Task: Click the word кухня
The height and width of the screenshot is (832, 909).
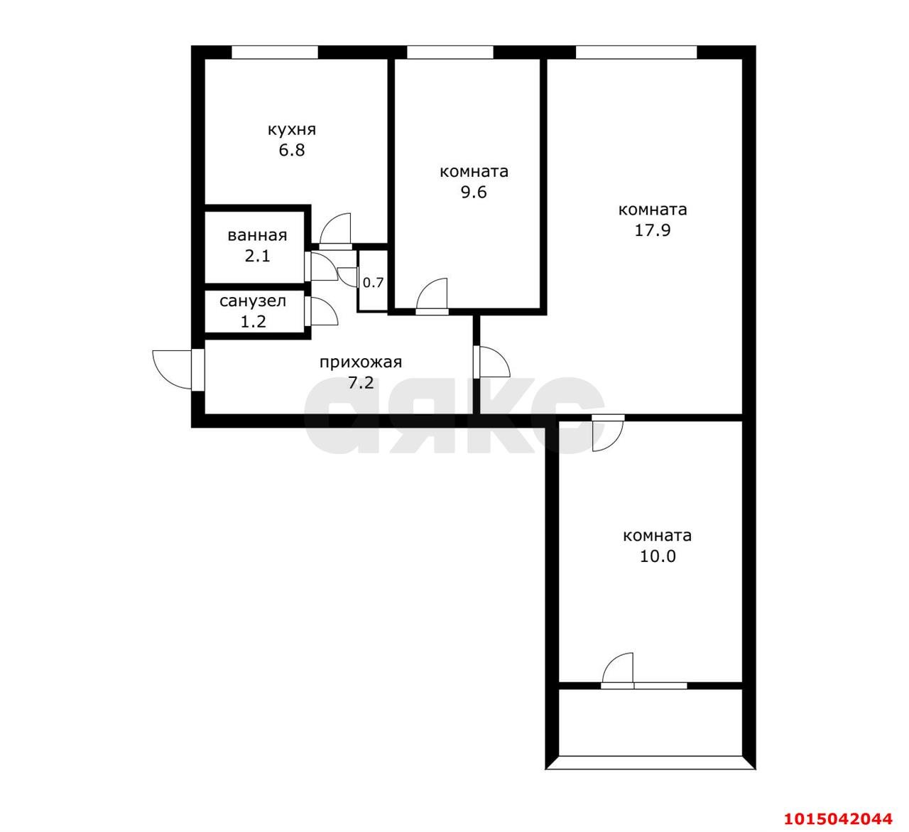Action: point(291,131)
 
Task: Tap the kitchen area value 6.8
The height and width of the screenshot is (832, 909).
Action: point(291,150)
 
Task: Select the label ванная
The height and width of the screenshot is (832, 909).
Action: point(257,236)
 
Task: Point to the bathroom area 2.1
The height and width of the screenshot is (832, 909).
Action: point(257,256)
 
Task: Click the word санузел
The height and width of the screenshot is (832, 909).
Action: point(252,301)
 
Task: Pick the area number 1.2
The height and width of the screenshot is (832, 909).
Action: point(253,321)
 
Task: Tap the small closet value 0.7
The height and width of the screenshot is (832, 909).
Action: point(373,283)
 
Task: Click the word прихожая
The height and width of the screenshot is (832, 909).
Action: point(361,362)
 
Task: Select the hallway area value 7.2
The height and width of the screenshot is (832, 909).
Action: point(361,383)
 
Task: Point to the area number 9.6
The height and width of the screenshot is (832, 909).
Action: point(474,193)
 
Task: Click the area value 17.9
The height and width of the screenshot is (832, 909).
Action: point(652,230)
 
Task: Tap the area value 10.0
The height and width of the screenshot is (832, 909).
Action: point(657,556)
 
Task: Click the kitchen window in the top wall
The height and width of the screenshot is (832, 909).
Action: point(275,52)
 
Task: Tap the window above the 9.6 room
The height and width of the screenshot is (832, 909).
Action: point(450,52)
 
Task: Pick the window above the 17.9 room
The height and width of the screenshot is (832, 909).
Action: point(636,52)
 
